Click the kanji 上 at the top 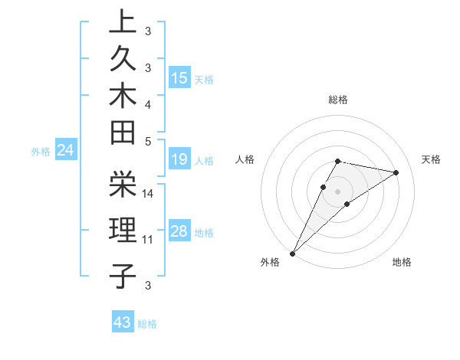[x=123, y=22]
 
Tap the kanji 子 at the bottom [x=123, y=276]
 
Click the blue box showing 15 [x=179, y=77]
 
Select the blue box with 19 [x=179, y=159]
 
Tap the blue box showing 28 [x=179, y=231]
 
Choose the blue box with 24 [x=66, y=151]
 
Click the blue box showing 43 [x=123, y=322]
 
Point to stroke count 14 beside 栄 [x=148, y=193]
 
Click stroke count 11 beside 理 [x=148, y=240]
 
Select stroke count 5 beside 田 [x=148, y=141]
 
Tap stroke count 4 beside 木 [x=148, y=104]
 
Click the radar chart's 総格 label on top [x=338, y=100]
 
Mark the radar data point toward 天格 [x=396, y=172]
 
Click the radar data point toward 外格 [x=293, y=253]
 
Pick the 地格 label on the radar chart [x=402, y=263]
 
